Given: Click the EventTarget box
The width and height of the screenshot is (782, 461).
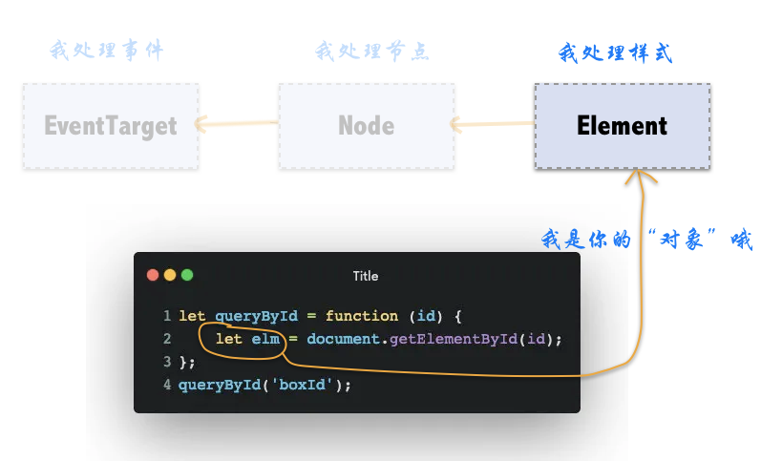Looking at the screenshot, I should [111, 126].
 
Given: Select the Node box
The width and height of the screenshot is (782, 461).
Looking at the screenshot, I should [366, 126].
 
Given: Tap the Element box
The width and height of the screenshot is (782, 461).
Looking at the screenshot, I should [622, 126].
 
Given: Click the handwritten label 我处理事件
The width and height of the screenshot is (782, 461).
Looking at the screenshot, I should [106, 51].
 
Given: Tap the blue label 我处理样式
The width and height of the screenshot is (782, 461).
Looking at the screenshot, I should [615, 52].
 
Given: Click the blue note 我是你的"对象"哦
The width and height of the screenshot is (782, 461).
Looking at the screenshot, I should [646, 240].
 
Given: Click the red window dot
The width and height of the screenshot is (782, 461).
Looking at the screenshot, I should [153, 275].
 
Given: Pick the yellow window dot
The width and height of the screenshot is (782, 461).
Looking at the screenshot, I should [170, 275].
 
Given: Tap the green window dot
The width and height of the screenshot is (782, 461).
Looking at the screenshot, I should [187, 275].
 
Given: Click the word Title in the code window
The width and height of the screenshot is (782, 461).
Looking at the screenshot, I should [366, 276].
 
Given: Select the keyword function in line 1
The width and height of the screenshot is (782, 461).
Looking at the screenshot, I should [362, 316].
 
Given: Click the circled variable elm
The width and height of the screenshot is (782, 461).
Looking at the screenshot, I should [263, 339].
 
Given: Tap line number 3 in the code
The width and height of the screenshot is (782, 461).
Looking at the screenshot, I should [167, 362].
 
